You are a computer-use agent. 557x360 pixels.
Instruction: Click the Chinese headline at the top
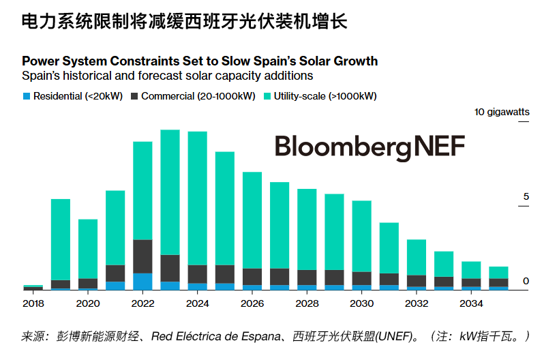[184, 22]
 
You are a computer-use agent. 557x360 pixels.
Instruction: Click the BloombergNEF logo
[370, 147]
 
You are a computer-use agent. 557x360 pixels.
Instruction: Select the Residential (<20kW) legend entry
[72, 96]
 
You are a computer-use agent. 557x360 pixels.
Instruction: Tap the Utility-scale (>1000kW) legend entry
[320, 96]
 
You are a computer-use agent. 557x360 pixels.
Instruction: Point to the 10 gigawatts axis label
[502, 112]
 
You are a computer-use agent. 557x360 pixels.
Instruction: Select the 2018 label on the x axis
[33, 303]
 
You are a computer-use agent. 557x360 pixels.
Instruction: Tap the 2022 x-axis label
[142, 303]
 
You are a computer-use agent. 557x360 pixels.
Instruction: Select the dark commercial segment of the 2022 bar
[142, 256]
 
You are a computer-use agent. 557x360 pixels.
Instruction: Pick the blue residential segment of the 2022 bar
[142, 282]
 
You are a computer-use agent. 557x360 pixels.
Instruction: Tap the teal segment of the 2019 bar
[61, 239]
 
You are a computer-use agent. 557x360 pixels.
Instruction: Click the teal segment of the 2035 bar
[498, 272]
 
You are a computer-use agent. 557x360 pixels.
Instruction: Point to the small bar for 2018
[33, 287]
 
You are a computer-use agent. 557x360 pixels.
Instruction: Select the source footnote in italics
[275, 336]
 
